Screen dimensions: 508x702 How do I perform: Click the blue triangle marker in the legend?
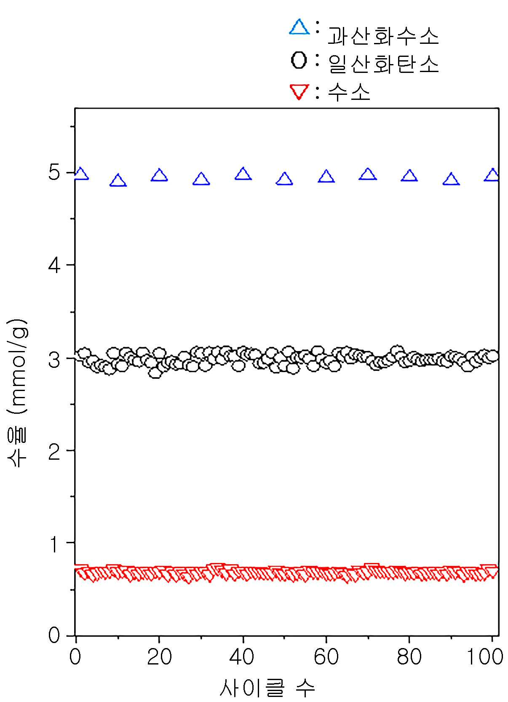point(299,27)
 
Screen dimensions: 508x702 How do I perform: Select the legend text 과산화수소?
point(383,35)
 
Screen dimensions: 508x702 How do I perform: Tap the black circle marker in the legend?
point(299,60)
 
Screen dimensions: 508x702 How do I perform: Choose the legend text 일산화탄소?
point(383,64)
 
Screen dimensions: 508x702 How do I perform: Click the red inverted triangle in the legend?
point(299,91)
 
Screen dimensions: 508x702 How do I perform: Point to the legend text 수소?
point(349,92)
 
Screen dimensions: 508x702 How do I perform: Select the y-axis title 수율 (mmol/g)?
point(18,393)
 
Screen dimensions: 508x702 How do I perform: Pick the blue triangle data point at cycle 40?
point(243,174)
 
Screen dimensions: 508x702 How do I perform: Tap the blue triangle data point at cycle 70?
point(368,174)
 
